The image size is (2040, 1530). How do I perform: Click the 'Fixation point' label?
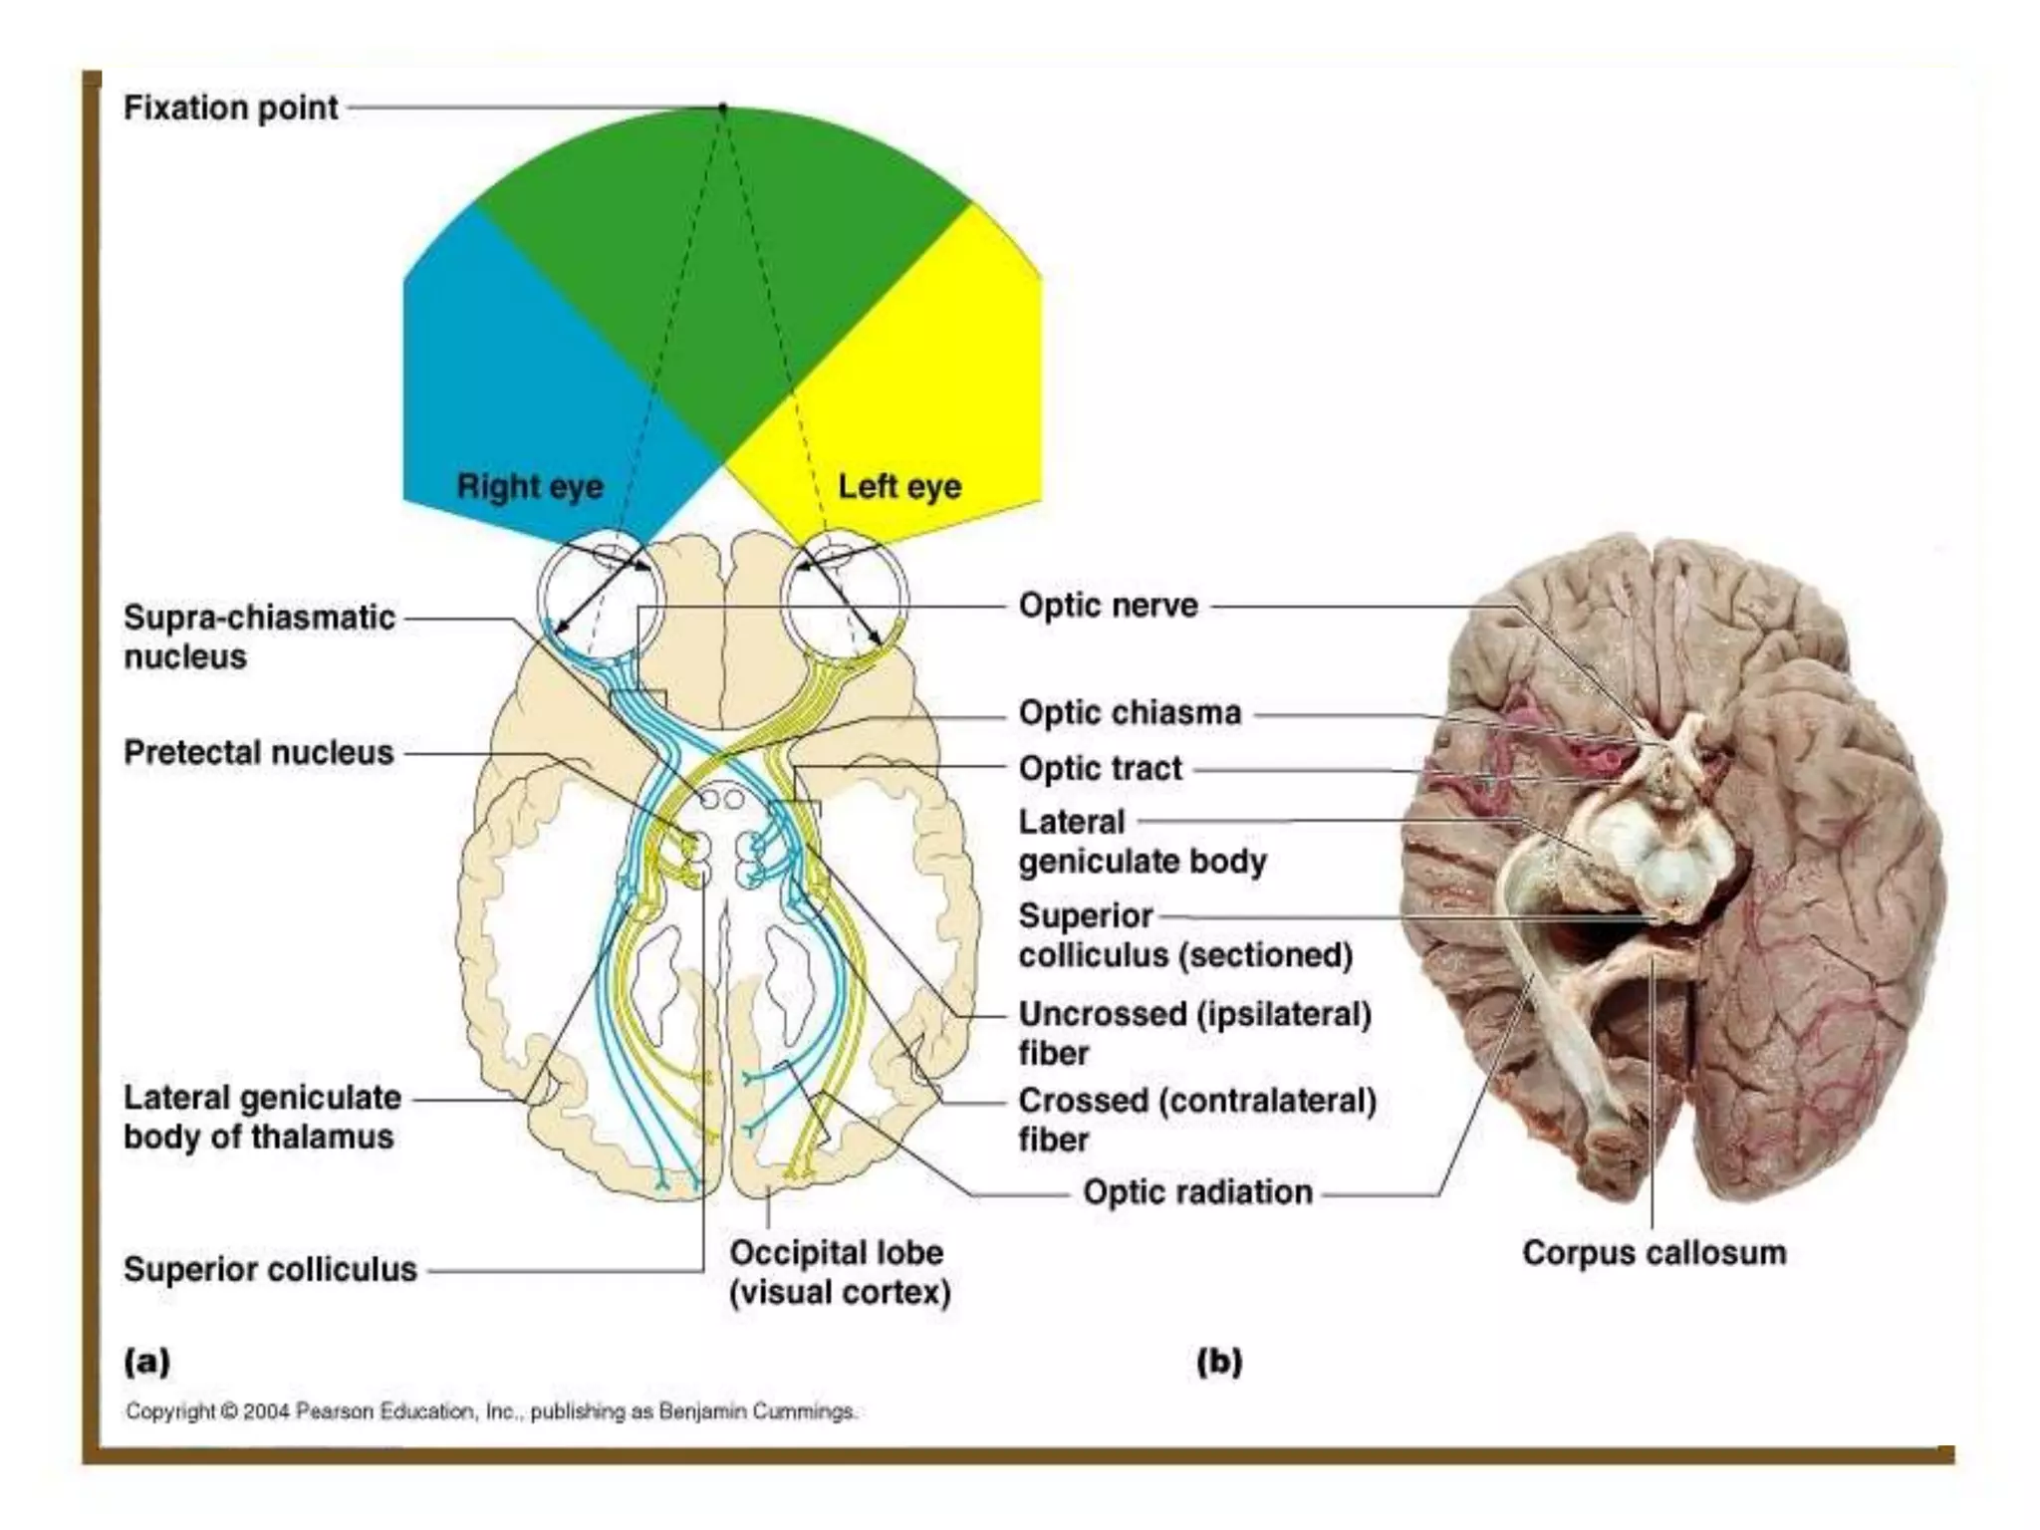pyautogui.click(x=230, y=108)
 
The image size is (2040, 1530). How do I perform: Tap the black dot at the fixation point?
pyautogui.click(x=723, y=107)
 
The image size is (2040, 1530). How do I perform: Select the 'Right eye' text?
pyautogui.click(x=530, y=486)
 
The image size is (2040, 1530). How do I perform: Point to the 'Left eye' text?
pyautogui.click(x=899, y=486)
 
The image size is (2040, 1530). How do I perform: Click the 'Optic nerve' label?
pyautogui.click(x=1108, y=606)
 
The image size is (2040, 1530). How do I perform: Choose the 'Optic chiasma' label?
pyautogui.click(x=1130, y=713)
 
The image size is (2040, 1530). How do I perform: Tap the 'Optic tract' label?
pyautogui.click(x=1100, y=769)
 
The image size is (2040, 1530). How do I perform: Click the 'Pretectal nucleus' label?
pyautogui.click(x=258, y=752)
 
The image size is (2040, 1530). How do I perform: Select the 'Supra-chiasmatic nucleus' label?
pyautogui.click(x=259, y=637)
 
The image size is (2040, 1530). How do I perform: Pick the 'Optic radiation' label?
pyautogui.click(x=1197, y=1192)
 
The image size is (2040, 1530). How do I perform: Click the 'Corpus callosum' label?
pyautogui.click(x=1654, y=1253)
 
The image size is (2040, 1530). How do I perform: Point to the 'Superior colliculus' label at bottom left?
pyautogui.click(x=270, y=1269)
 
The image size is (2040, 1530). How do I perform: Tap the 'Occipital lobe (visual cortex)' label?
pyautogui.click(x=839, y=1272)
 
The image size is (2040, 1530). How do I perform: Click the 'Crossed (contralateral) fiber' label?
pyautogui.click(x=1196, y=1120)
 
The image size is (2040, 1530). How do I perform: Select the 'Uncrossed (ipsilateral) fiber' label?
pyautogui.click(x=1194, y=1033)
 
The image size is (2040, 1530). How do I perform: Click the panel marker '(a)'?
pyautogui.click(x=146, y=1361)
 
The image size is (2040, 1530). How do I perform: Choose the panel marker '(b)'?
pyautogui.click(x=1219, y=1361)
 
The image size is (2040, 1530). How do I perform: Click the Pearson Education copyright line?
pyautogui.click(x=490, y=1411)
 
